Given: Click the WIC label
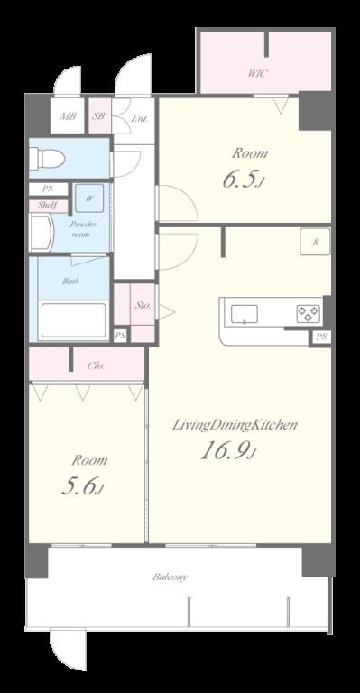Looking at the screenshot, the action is tap(256, 73).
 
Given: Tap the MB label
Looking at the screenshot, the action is tap(68, 116).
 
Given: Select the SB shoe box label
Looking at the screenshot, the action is tap(98, 116).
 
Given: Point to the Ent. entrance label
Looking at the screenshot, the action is tap(139, 119).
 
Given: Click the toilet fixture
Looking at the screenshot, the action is tap(45, 158).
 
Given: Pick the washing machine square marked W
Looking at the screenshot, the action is tap(89, 199).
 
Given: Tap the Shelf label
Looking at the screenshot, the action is tap(47, 206).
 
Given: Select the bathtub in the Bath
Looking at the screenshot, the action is tap(73, 320).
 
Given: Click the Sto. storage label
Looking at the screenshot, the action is tap(143, 305).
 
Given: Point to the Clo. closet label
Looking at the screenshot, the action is tap(96, 365).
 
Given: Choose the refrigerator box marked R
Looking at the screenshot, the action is tap(315, 242).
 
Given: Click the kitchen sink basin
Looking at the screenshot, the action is tap(245, 314).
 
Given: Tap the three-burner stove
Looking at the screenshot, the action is tap(308, 313).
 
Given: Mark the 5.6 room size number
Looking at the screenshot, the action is tap(82, 486).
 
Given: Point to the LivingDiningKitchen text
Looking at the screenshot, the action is tap(234, 425).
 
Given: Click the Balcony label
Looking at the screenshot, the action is tap(170, 577).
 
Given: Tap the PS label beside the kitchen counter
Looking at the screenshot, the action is tap(321, 337).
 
